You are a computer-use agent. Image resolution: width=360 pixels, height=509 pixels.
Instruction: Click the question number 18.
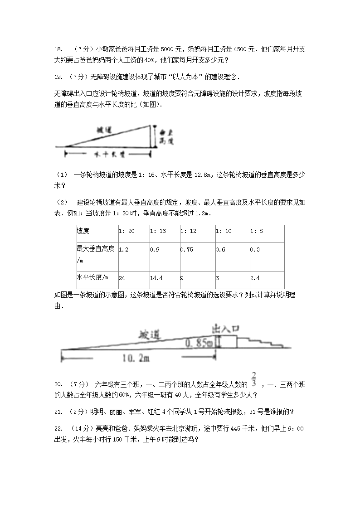pos(58,49)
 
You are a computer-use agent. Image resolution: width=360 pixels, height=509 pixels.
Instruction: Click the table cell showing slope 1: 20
pos(126,231)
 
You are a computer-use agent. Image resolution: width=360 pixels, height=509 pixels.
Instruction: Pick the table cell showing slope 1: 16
pos(158,231)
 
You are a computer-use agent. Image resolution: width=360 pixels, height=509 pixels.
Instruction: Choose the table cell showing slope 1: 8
pos(257,231)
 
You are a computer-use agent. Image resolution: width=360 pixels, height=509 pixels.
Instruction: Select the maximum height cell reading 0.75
pos(187,249)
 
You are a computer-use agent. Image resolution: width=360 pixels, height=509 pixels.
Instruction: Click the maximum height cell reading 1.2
pos(123,249)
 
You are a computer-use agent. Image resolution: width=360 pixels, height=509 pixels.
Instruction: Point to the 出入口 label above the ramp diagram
pos(225,328)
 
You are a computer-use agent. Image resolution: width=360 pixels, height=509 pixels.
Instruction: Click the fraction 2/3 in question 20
pos(254,379)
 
